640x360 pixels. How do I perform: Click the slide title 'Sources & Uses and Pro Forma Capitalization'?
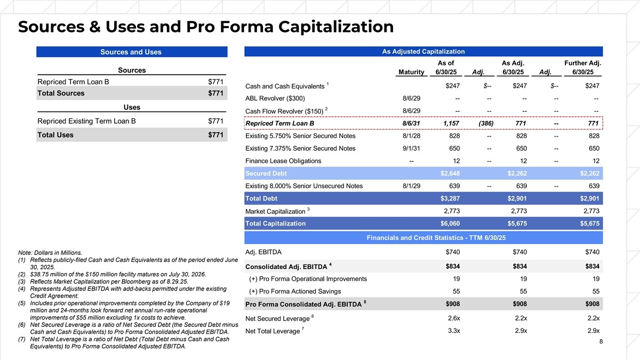click(x=206, y=27)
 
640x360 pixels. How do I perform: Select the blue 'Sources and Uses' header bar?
click(x=131, y=52)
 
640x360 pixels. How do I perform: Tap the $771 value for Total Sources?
click(x=215, y=93)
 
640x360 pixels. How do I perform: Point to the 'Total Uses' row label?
click(x=55, y=135)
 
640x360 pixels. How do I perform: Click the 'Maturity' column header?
click(x=411, y=73)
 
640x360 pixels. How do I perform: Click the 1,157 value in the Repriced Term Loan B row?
click(x=451, y=124)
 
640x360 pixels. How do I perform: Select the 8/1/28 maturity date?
click(x=411, y=136)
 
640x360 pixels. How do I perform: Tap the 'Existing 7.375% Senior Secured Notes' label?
click(x=300, y=148)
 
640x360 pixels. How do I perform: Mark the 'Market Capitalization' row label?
click(x=275, y=212)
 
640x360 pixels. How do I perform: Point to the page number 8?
click(x=601, y=342)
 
